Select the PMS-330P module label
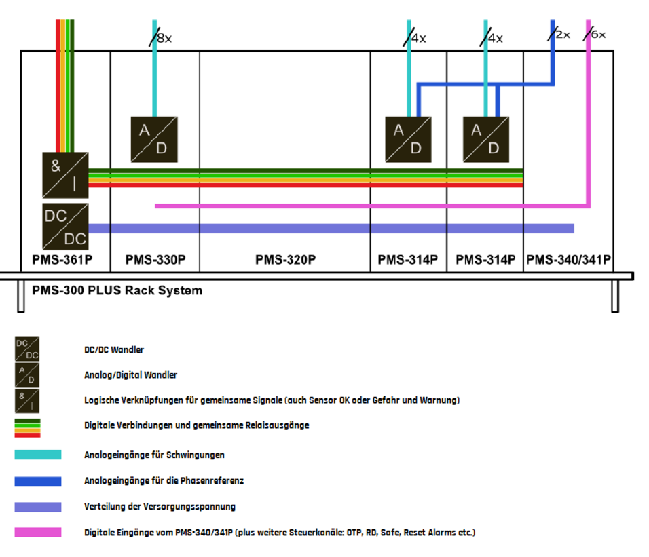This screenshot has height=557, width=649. pyautogui.click(x=155, y=260)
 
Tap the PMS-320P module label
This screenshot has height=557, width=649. pyautogui.click(x=285, y=260)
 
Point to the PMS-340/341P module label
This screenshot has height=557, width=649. pyautogui.click(x=569, y=260)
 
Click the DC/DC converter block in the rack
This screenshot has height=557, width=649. pyautogui.click(x=64, y=225)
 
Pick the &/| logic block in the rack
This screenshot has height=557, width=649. pyautogui.click(x=64, y=174)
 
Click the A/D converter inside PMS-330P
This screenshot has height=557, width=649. pyautogui.click(x=154, y=138)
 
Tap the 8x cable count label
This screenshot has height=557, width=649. pyautogui.click(x=164, y=39)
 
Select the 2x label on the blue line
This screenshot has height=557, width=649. pyautogui.click(x=563, y=35)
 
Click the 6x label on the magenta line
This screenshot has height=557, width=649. pyautogui.click(x=597, y=34)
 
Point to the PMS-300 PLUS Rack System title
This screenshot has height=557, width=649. pyautogui.click(x=117, y=291)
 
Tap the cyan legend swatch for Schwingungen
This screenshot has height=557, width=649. pyautogui.click(x=38, y=455)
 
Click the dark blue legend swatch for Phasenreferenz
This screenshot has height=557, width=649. pyautogui.click(x=38, y=481)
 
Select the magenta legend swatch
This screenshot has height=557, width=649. pyautogui.click(x=38, y=533)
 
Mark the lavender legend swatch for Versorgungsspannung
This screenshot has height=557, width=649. pyautogui.click(x=38, y=507)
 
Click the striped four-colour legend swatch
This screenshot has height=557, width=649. pyautogui.click(x=28, y=428)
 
